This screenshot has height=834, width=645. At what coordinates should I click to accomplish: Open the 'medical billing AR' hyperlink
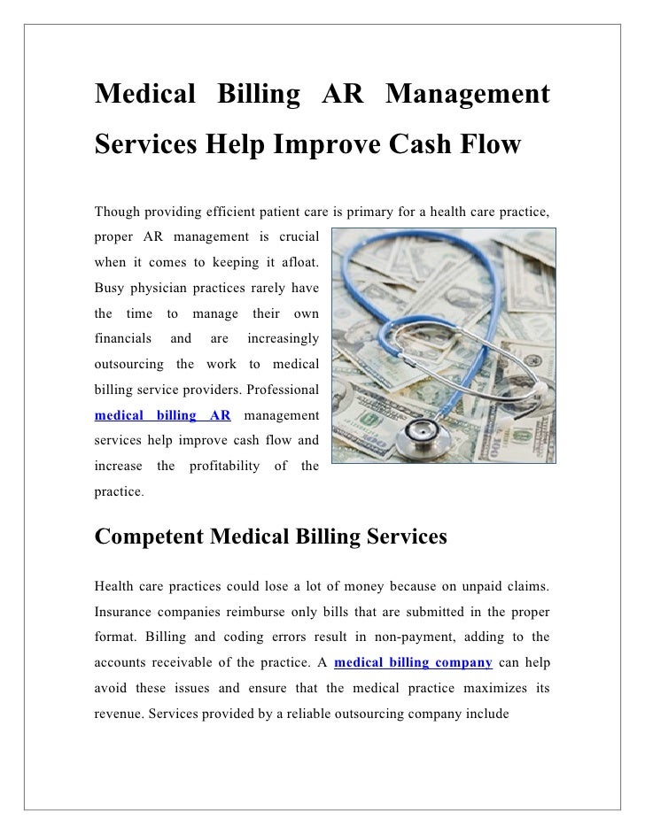[x=162, y=415]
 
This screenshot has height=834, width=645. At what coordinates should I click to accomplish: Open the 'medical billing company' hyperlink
[x=413, y=662]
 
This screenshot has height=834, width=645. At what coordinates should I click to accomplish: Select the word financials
[x=123, y=339]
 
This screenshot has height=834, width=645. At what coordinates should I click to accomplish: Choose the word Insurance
[x=125, y=612]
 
